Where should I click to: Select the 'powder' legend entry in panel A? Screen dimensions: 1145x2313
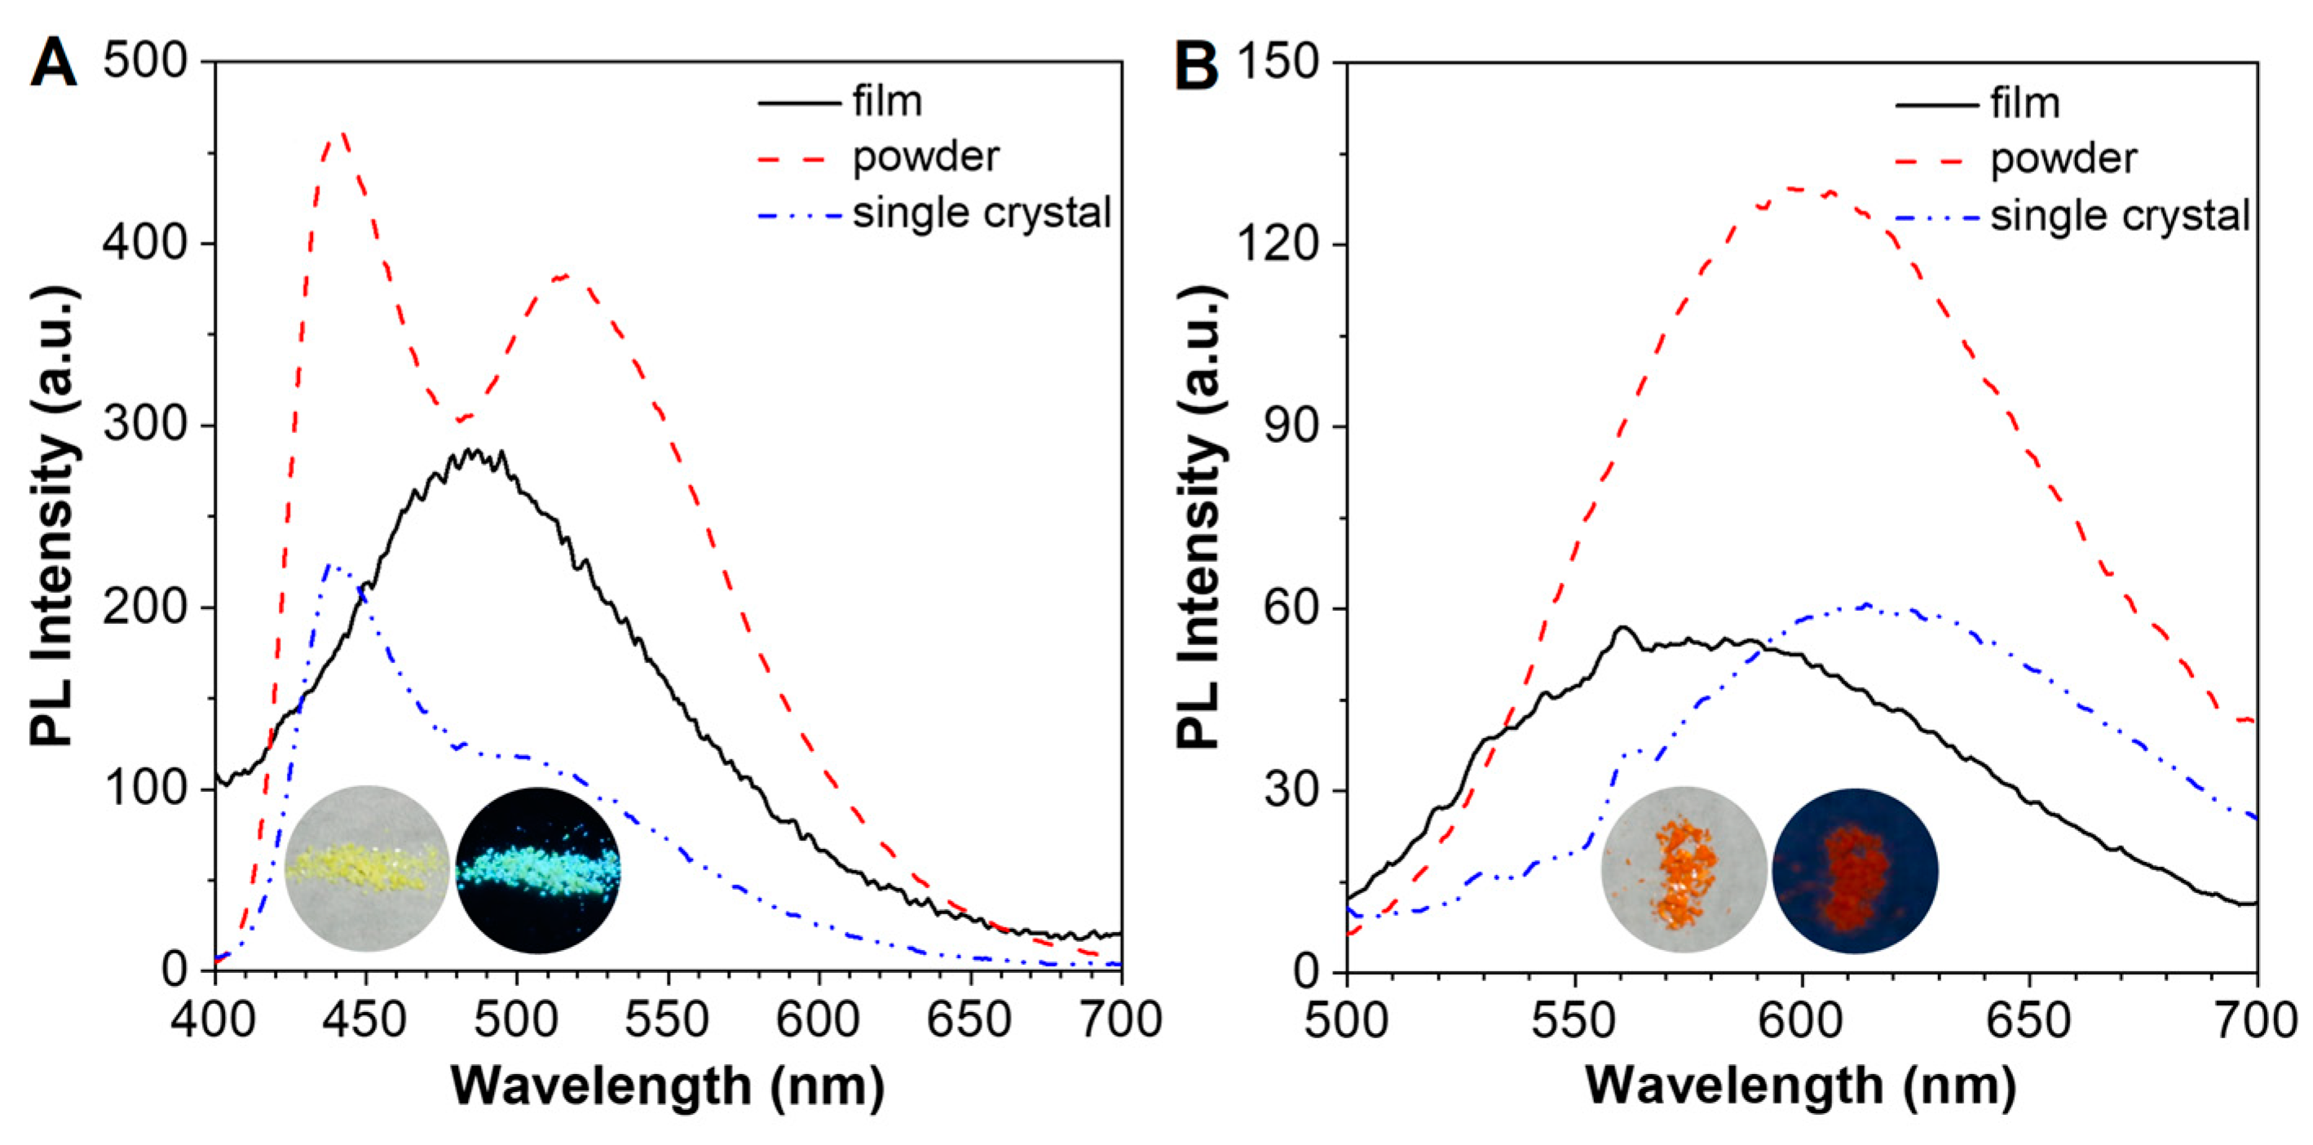pyautogui.click(x=925, y=157)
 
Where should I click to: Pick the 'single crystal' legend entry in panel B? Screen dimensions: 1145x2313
pyautogui.click(x=2119, y=216)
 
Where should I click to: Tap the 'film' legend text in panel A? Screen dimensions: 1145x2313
pyautogui.click(x=887, y=100)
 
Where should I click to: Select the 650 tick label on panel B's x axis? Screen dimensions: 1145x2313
pyautogui.click(x=2029, y=1021)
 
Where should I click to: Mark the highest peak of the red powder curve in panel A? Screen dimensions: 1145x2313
pyautogui.click(x=342, y=135)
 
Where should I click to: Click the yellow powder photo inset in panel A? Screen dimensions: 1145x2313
pyautogui.click(x=366, y=869)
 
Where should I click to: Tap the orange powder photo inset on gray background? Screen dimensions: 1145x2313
pyautogui.click(x=1684, y=870)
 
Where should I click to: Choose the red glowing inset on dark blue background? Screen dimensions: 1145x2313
pyautogui.click(x=1855, y=870)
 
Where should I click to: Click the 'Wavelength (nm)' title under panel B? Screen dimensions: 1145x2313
pyautogui.click(x=1800, y=1085)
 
